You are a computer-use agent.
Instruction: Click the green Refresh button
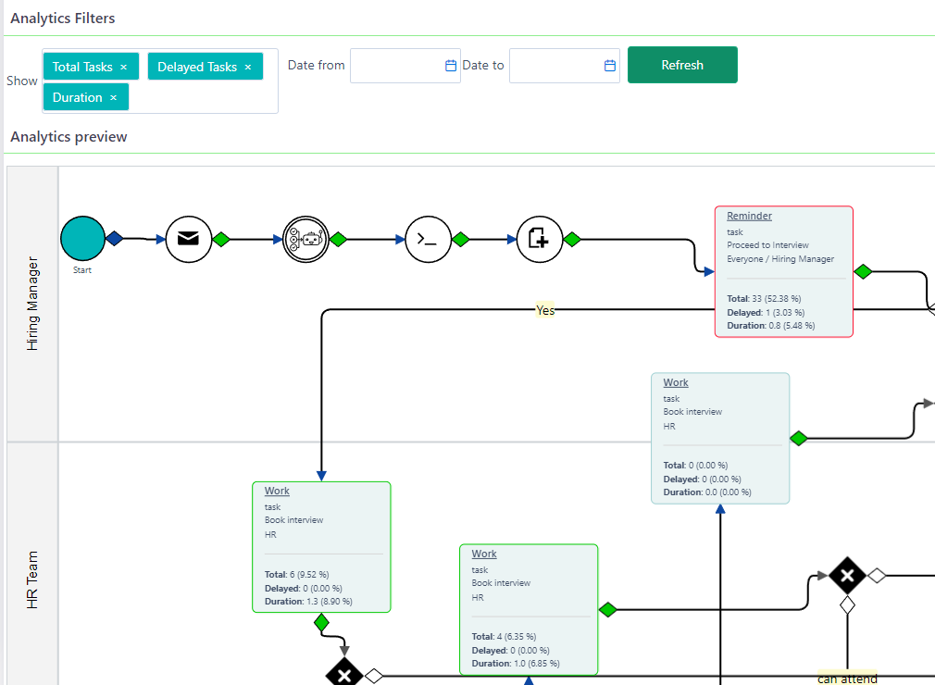click(682, 65)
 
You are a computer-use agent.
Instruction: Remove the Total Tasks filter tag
click(123, 68)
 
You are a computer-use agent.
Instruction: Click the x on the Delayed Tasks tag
click(248, 68)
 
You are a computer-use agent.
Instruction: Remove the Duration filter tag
click(114, 98)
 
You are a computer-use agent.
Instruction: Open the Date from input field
click(396, 66)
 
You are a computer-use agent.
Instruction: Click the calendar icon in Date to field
click(610, 66)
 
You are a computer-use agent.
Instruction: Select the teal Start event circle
click(83, 239)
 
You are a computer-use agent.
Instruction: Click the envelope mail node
click(189, 239)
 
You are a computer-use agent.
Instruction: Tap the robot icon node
click(305, 239)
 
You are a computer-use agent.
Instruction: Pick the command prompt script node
click(427, 239)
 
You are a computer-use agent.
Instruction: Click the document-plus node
click(539, 239)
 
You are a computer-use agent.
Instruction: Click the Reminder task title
click(749, 216)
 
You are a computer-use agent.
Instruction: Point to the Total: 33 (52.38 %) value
click(764, 299)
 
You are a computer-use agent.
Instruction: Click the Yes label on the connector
click(545, 311)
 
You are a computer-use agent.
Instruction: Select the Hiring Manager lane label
click(32, 304)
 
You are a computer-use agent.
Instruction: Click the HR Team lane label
click(32, 579)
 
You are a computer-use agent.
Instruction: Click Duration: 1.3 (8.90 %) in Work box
click(315, 602)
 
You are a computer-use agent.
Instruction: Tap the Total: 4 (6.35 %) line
click(504, 637)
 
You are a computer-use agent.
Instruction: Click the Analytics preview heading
click(69, 137)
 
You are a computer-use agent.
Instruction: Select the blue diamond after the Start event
click(114, 239)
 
